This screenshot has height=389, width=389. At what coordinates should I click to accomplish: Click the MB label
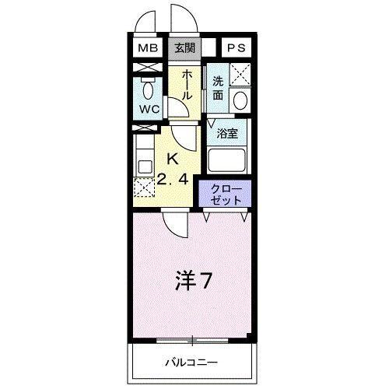pyautogui.click(x=148, y=48)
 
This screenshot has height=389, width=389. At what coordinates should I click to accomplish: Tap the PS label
pyautogui.click(x=237, y=48)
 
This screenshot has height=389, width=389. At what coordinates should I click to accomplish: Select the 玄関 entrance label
pyautogui.click(x=185, y=48)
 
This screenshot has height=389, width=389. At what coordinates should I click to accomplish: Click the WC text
pyautogui.click(x=148, y=109)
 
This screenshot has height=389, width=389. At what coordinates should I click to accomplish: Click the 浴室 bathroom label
pyautogui.click(x=226, y=132)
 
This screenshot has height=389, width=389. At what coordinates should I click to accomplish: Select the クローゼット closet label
pyautogui.click(x=226, y=193)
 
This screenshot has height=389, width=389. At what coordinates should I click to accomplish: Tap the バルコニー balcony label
pyautogui.click(x=191, y=362)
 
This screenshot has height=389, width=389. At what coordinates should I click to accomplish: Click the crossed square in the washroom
pyautogui.click(x=240, y=75)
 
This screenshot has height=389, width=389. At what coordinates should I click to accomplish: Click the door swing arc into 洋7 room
pyautogui.click(x=174, y=226)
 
